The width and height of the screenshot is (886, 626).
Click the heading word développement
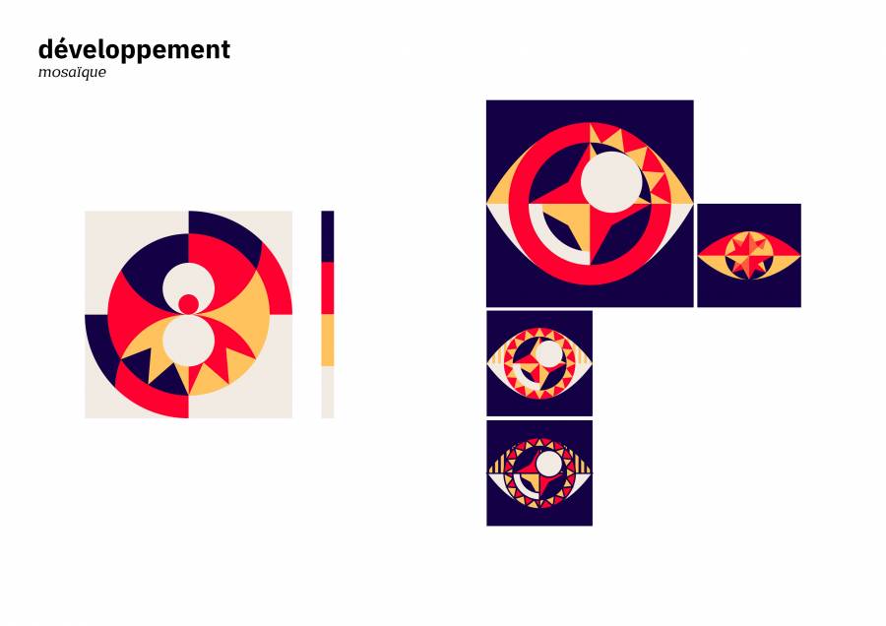coord(134,50)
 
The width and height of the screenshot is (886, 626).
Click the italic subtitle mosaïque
coord(72,72)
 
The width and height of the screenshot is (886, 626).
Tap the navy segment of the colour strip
coord(327,236)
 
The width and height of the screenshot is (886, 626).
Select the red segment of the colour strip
coord(327,288)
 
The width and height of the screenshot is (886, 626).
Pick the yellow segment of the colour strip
coord(327,341)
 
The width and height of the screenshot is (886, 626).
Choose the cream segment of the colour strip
coord(327,392)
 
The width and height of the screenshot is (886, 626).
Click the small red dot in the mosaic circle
coord(189,304)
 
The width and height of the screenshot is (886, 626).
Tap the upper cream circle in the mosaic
coord(189,284)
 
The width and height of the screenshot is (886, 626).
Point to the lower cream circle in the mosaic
coord(189,341)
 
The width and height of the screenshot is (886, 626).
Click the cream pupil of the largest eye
coord(611,182)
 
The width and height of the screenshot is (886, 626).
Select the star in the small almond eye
coord(749,255)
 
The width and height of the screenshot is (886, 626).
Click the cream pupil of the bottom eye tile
coord(547,464)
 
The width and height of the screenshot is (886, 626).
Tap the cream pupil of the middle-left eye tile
coord(547,353)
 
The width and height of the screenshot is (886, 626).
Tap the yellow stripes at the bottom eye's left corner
coord(498,466)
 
